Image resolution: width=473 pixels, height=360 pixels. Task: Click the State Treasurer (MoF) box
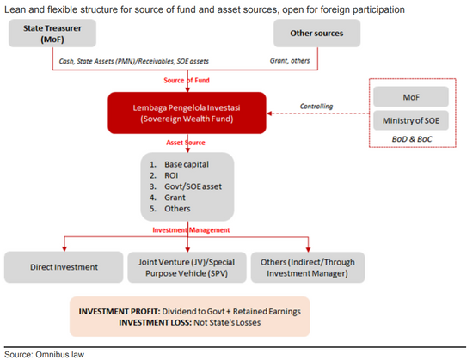click(x=52, y=34)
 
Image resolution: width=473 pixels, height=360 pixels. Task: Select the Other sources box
click(x=316, y=34)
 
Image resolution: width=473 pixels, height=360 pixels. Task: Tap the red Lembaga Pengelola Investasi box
click(x=187, y=113)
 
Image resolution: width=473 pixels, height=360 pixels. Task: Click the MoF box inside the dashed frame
click(x=411, y=97)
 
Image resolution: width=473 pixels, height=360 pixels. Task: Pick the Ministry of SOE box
click(x=411, y=120)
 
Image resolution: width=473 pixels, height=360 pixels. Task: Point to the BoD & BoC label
click(x=412, y=139)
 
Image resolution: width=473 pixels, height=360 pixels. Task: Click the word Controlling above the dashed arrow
click(x=316, y=106)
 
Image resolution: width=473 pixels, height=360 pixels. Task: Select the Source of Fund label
click(x=187, y=81)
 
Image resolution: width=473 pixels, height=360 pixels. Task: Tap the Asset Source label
click(x=186, y=143)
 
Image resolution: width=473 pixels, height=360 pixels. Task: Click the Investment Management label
click(x=191, y=230)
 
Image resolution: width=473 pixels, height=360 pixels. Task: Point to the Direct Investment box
click(x=64, y=267)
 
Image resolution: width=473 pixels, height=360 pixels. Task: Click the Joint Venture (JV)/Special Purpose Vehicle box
click(x=187, y=267)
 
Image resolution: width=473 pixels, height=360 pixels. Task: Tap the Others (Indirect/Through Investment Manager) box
click(x=308, y=267)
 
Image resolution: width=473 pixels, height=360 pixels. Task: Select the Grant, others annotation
click(x=290, y=61)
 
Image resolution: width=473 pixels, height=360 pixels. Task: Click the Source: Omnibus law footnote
click(x=44, y=355)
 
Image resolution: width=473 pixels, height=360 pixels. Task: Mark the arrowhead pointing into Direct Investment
click(x=64, y=249)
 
